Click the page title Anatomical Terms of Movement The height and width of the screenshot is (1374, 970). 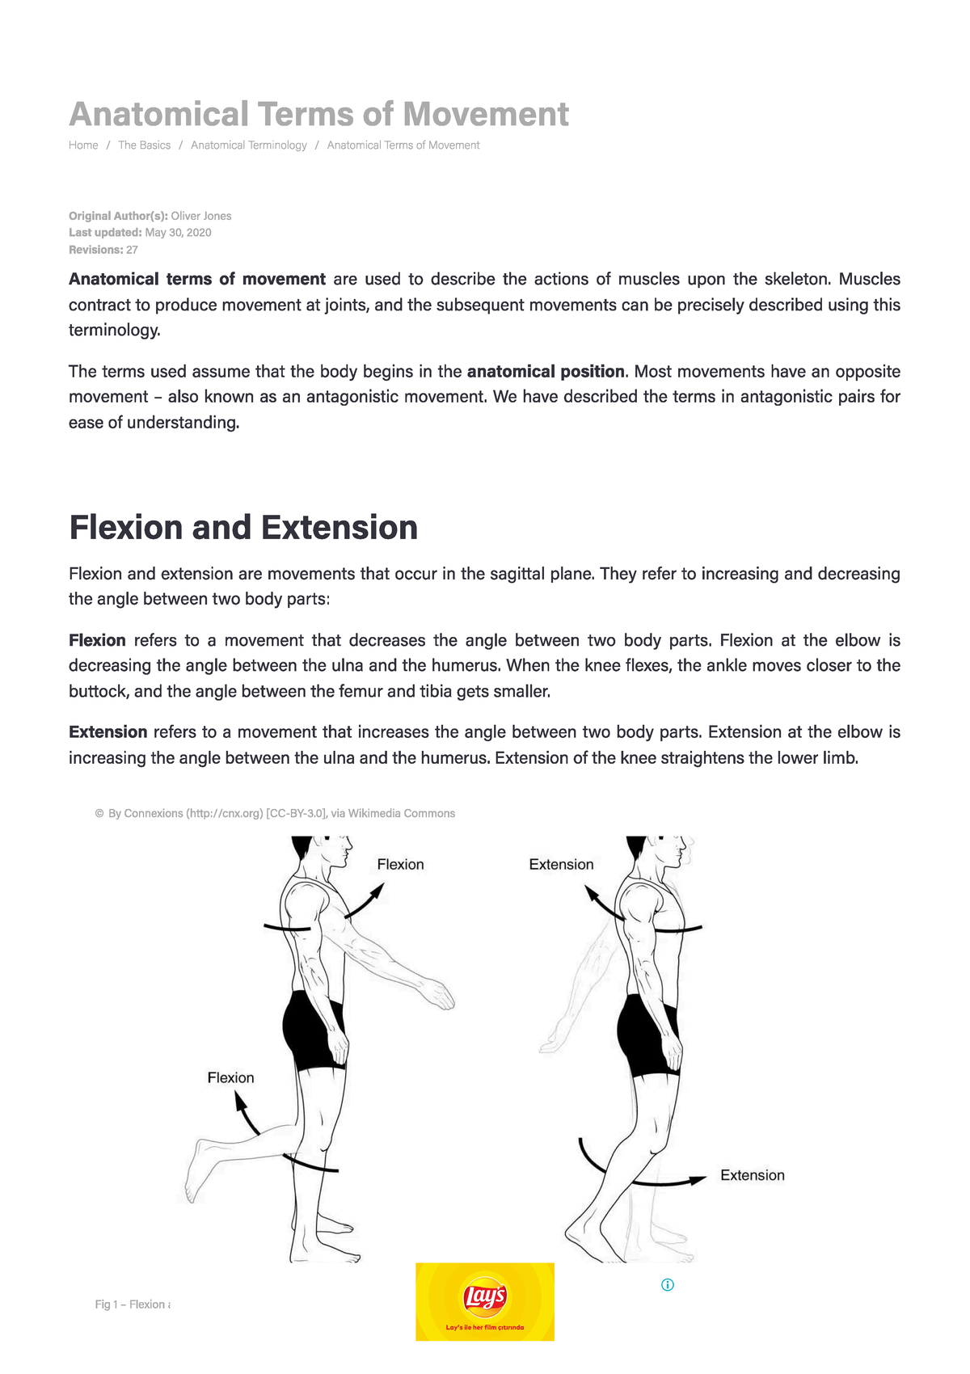(318, 114)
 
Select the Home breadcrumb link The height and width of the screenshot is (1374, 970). (83, 145)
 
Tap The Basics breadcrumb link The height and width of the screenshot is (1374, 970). (144, 145)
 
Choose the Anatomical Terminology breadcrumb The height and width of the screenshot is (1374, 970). (248, 145)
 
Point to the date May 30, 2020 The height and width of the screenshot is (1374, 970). (178, 233)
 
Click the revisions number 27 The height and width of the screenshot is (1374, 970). (133, 250)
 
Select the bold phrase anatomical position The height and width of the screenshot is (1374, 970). (546, 372)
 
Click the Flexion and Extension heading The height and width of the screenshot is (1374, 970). (243, 528)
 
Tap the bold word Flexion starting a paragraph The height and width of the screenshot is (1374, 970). (97, 641)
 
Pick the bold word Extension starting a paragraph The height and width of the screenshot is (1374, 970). (108, 732)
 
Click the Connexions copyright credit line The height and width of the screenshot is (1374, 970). (275, 814)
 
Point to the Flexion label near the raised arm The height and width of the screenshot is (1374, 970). (400, 865)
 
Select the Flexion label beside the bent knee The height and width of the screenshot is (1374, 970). (230, 1078)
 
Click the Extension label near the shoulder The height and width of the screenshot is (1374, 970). (561, 865)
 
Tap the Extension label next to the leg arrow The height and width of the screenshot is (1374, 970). (752, 1176)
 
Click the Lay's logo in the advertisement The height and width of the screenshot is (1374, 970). (485, 1297)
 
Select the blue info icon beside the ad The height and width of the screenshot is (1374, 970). (668, 1285)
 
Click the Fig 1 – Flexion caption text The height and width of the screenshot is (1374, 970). (132, 1304)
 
